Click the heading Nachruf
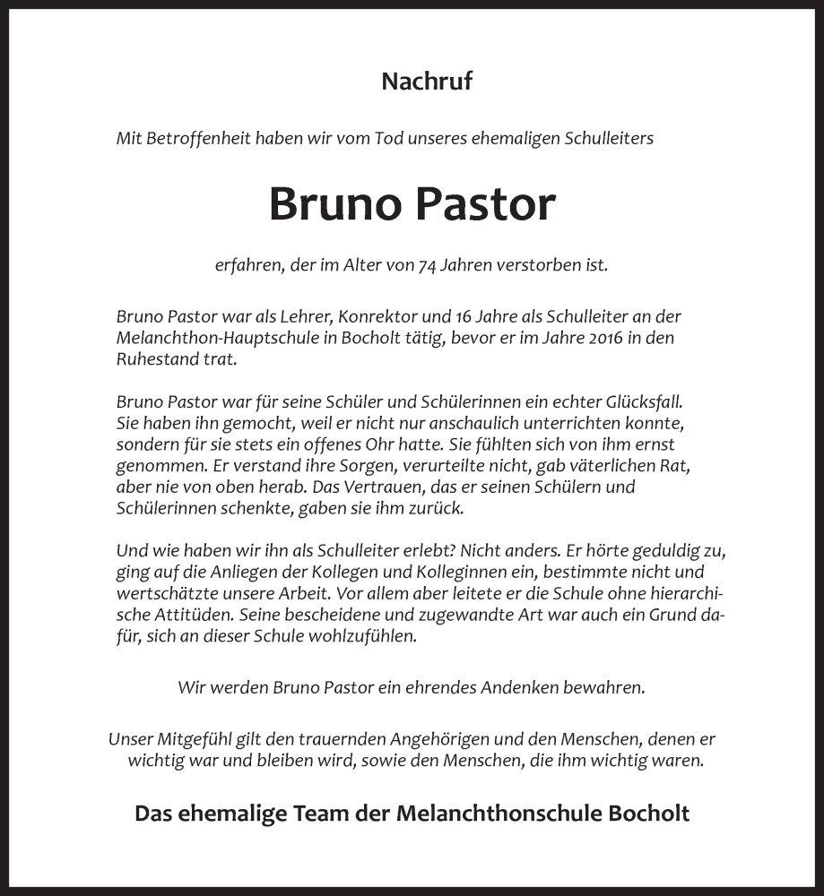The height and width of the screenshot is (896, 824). pos(427,82)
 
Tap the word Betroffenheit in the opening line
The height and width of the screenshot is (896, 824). pos(196,138)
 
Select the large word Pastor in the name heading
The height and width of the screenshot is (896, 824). pos(485,204)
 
